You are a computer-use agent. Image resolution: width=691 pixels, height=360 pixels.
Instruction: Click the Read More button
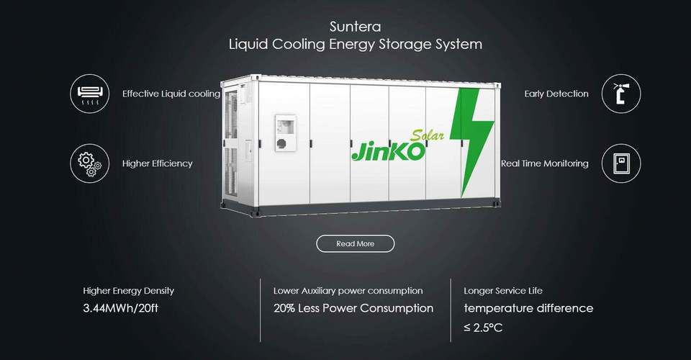tap(355, 243)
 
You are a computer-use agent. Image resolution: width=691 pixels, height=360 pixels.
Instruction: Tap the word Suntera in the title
tap(355, 27)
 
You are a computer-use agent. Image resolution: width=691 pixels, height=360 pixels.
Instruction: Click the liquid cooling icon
tap(90, 94)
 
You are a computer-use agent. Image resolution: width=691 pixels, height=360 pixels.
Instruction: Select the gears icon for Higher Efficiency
tap(90, 163)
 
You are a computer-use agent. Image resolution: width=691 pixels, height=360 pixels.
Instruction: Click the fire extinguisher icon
tap(620, 94)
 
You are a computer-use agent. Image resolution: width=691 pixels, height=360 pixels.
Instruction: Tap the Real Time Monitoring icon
tap(620, 163)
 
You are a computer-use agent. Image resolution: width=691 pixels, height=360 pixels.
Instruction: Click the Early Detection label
tap(556, 94)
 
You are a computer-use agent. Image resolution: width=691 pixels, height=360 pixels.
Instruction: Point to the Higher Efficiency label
tap(157, 163)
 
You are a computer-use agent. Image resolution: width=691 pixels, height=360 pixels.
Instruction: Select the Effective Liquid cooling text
tap(171, 94)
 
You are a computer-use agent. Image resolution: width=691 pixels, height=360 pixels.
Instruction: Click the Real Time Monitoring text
tap(544, 163)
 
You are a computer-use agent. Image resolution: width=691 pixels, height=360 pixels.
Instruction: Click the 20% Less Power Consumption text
tap(353, 308)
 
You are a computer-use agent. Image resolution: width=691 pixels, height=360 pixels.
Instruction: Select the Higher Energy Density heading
tap(128, 291)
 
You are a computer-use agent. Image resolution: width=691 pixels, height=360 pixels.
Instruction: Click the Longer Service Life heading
tap(502, 291)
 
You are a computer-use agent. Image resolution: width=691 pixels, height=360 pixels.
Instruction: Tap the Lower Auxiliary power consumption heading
tap(348, 291)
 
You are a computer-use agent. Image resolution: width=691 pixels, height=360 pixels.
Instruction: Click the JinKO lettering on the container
tap(387, 150)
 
